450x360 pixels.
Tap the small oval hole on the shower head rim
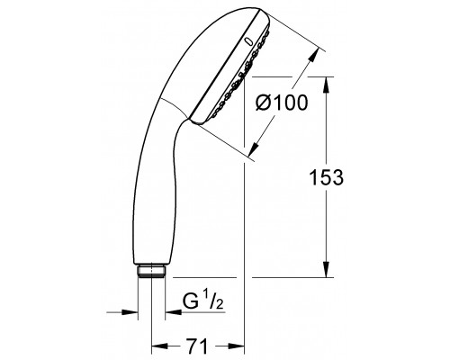248,41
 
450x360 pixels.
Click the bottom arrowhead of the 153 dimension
321,273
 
